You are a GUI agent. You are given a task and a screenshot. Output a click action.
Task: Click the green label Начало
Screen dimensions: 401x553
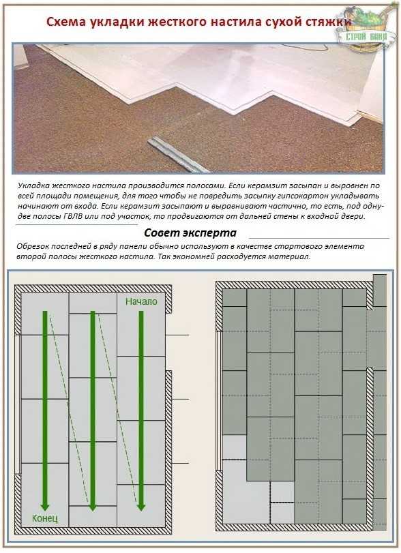(x=141, y=301)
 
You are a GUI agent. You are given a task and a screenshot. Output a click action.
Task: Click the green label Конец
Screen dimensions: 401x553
(x=45, y=518)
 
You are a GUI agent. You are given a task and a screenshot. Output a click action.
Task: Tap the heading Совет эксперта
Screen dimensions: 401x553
(x=190, y=233)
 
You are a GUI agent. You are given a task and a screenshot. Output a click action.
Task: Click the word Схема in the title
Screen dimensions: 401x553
(x=67, y=22)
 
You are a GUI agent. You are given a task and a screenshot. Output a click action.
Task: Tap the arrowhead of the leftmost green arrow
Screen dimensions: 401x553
(x=45, y=506)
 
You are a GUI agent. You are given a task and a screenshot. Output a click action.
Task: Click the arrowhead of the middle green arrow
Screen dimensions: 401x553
(x=92, y=506)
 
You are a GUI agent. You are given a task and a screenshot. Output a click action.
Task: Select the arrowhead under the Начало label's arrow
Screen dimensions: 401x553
(x=141, y=506)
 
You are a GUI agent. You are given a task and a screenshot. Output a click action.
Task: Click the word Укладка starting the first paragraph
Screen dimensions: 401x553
(x=33, y=185)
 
